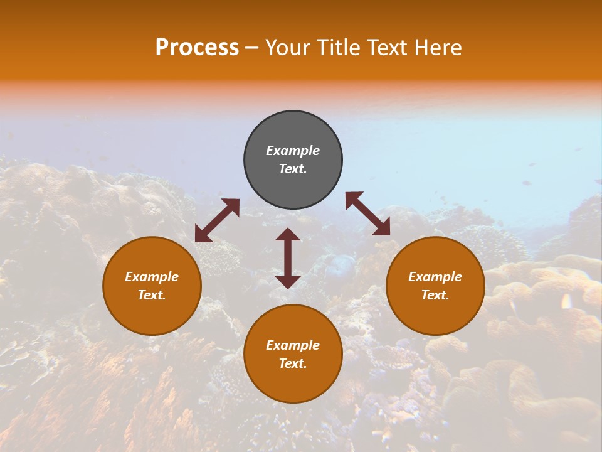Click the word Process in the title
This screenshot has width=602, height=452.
click(197, 48)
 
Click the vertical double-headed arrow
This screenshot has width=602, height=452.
click(288, 258)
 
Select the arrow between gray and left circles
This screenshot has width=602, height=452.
click(217, 220)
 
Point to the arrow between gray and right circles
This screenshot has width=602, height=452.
click(368, 213)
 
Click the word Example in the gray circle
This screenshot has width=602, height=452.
click(293, 151)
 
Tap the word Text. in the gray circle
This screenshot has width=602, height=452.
click(293, 169)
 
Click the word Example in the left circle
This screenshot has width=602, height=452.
click(152, 277)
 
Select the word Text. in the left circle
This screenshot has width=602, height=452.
click(152, 295)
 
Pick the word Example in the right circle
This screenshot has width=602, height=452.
click(435, 277)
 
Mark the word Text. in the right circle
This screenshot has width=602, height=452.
click(435, 295)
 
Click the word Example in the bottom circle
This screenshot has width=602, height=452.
click(293, 345)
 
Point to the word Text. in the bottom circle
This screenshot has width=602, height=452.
click(293, 363)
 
